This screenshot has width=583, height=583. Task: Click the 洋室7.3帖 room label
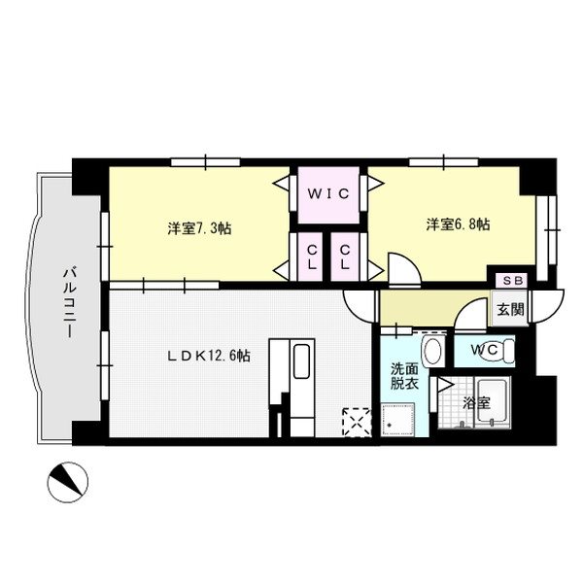[198, 228]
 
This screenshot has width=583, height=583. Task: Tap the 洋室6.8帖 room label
[457, 224]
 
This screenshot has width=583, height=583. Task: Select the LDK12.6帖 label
[206, 357]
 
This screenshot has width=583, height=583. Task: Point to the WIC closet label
[329, 192]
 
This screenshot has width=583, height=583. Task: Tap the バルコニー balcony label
[70, 302]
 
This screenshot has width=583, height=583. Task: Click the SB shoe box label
[511, 280]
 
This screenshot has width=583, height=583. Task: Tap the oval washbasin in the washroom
[432, 351]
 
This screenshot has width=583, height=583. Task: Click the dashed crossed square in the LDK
[356, 421]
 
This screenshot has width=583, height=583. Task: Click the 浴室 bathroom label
[476, 401]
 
